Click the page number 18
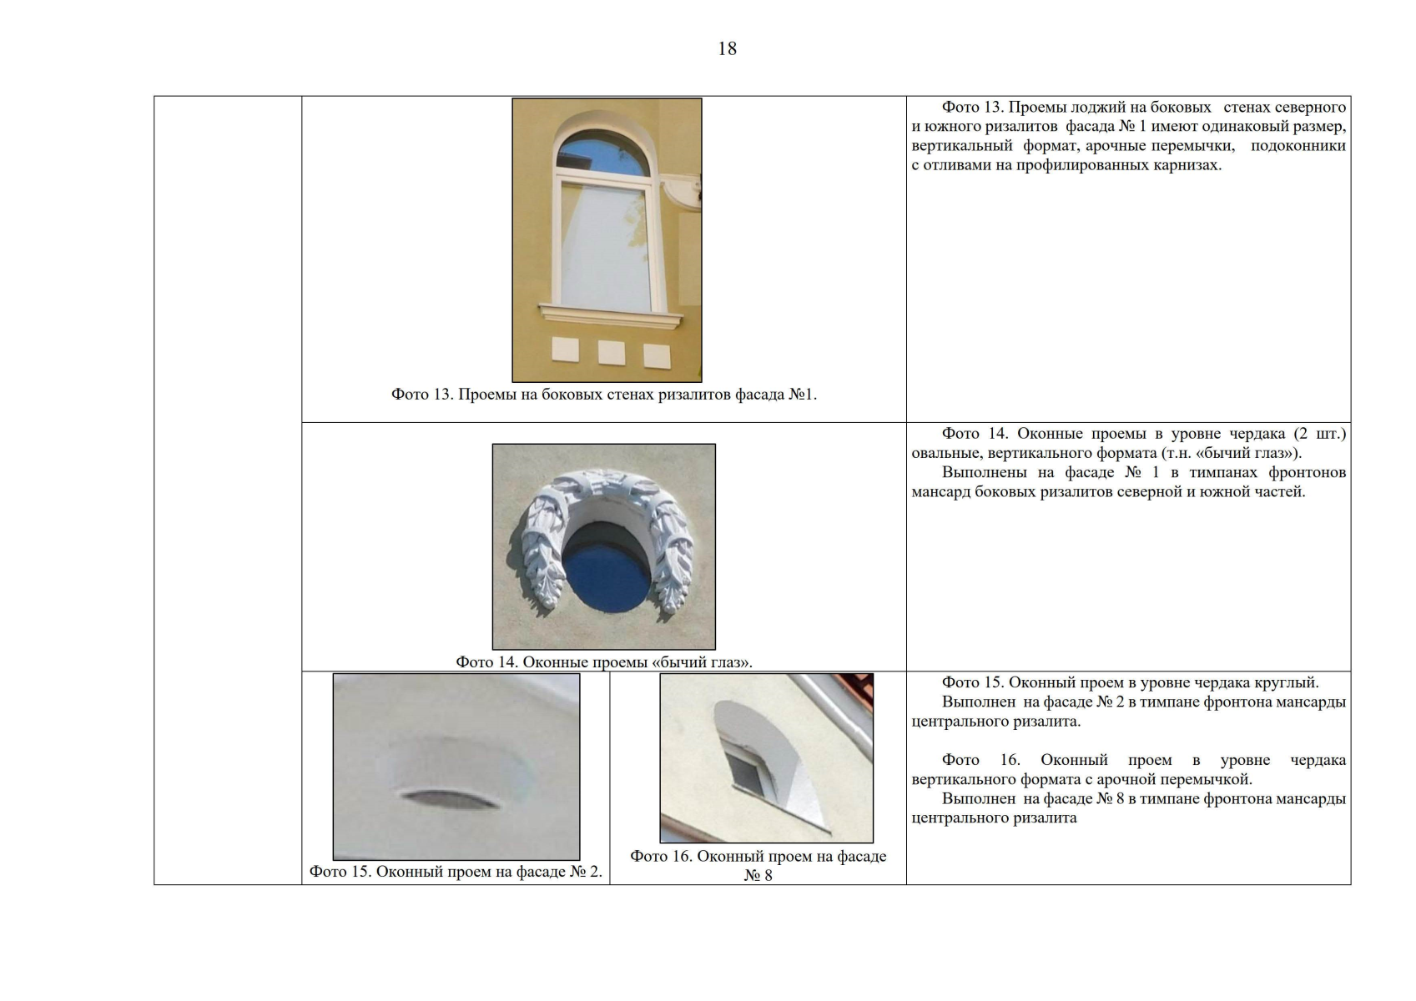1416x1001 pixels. click(x=727, y=48)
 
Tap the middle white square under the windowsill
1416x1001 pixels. click(x=612, y=353)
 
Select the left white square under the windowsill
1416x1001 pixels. click(x=565, y=350)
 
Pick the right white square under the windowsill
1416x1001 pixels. click(x=657, y=356)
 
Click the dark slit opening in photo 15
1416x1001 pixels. click(x=451, y=800)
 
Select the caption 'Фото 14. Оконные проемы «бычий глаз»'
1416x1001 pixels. click(x=603, y=662)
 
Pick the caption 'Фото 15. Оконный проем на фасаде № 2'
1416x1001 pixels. click(x=455, y=872)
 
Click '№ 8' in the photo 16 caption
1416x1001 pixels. click(x=758, y=876)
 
